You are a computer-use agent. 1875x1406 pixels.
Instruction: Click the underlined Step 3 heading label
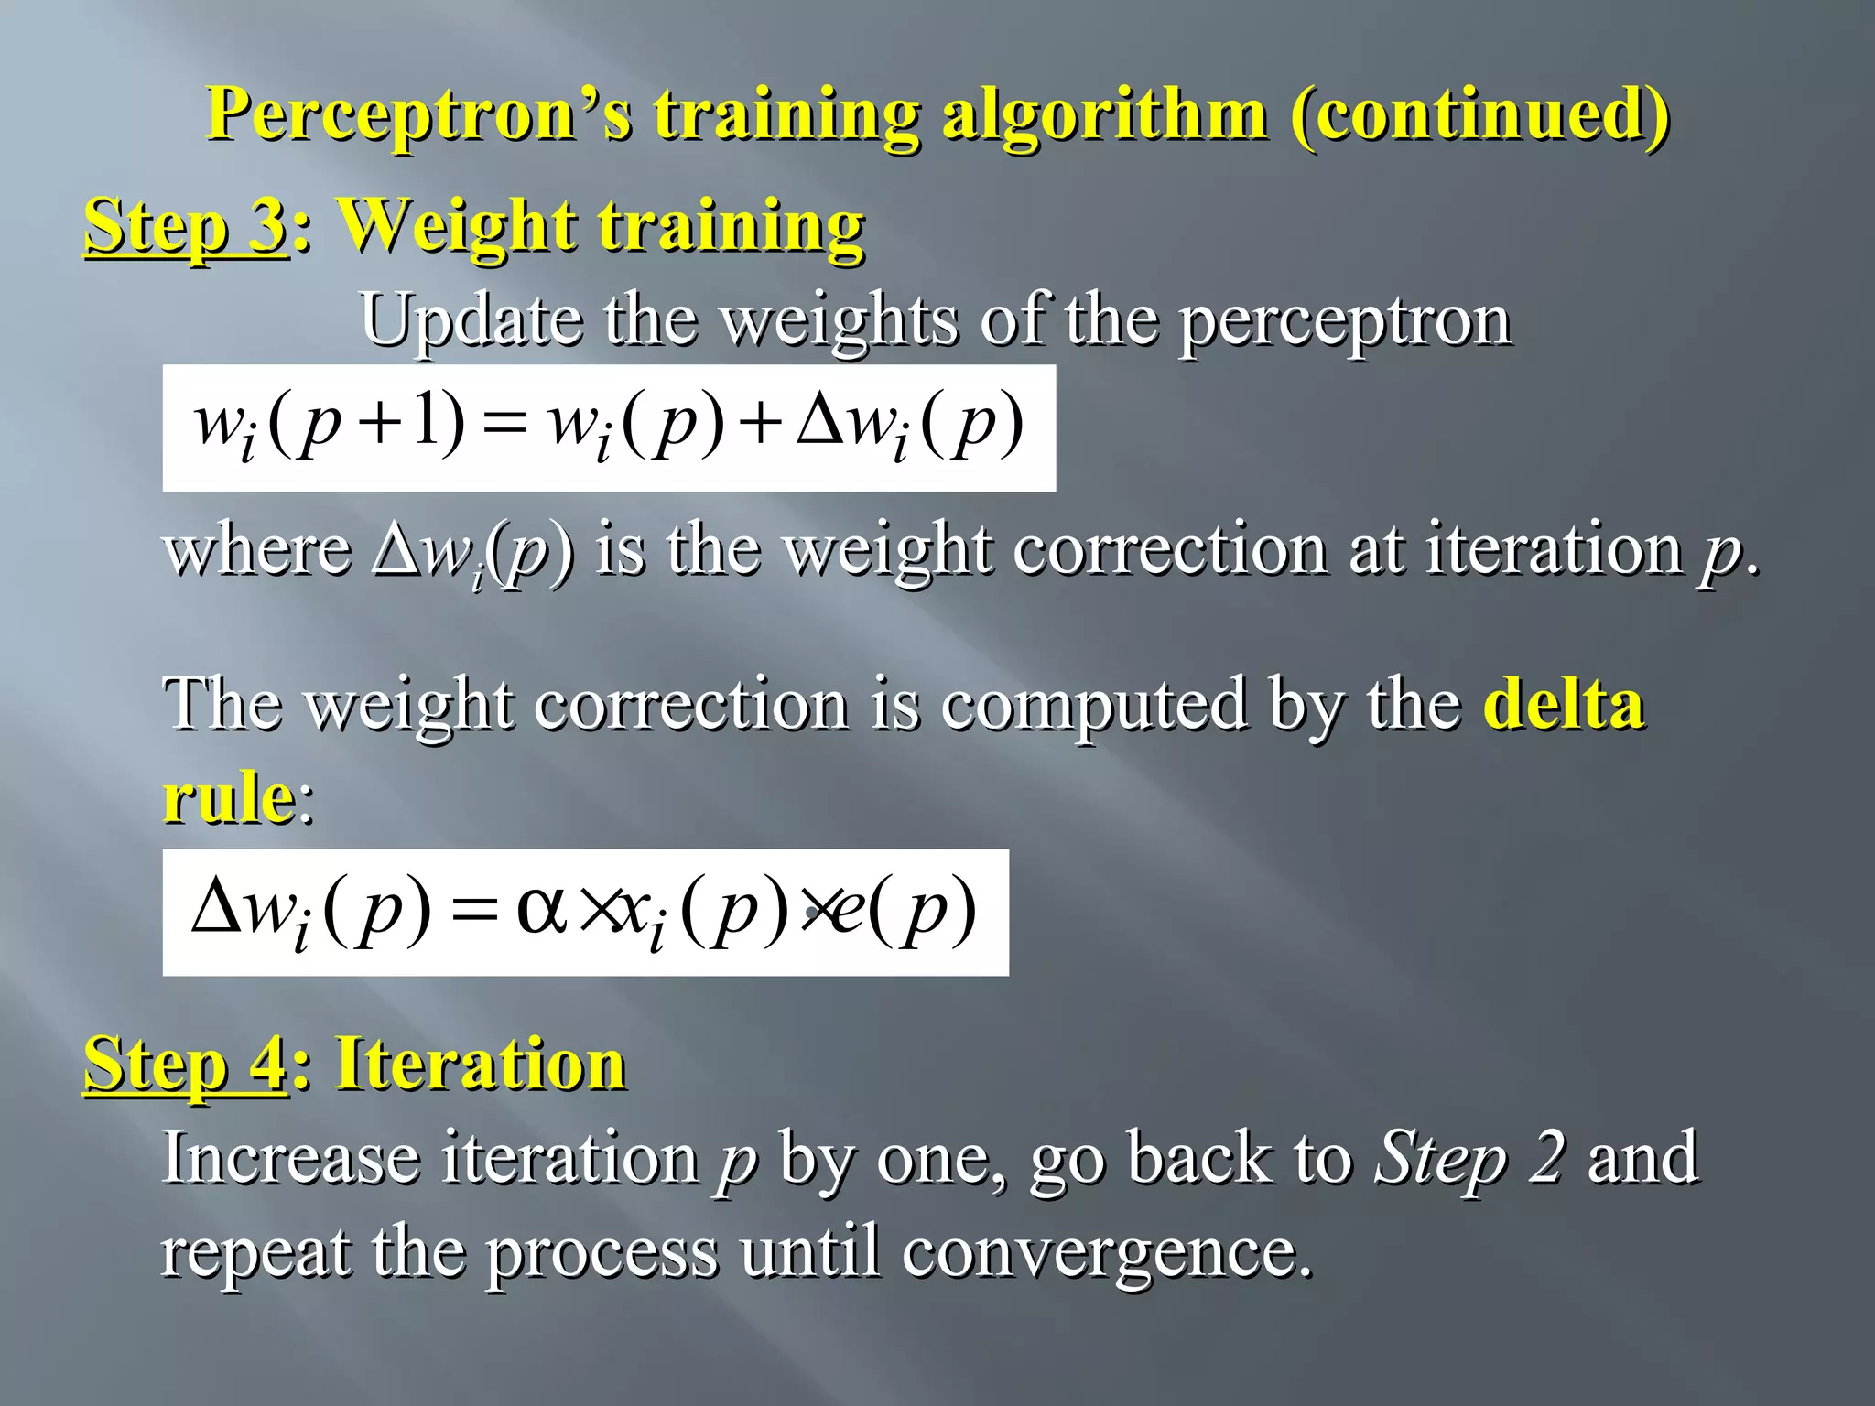(186, 225)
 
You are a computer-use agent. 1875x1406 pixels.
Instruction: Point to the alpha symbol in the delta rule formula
(542, 909)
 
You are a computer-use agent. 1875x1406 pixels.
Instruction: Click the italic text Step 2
(1470, 1158)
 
